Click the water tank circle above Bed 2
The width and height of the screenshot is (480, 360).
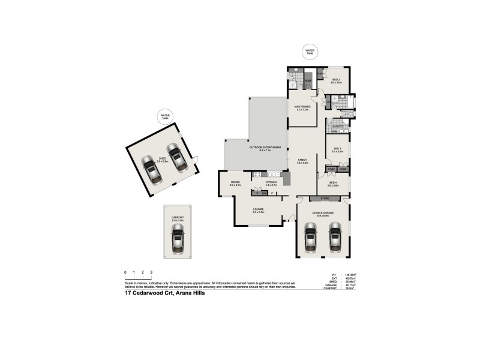310,52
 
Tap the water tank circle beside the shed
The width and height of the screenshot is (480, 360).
164,116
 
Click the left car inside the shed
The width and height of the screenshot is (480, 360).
150,168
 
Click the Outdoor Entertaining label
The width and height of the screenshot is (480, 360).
261,148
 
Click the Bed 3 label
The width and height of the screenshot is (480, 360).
337,149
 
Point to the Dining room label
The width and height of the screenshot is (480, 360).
235,184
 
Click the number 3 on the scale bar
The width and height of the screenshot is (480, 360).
151,272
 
